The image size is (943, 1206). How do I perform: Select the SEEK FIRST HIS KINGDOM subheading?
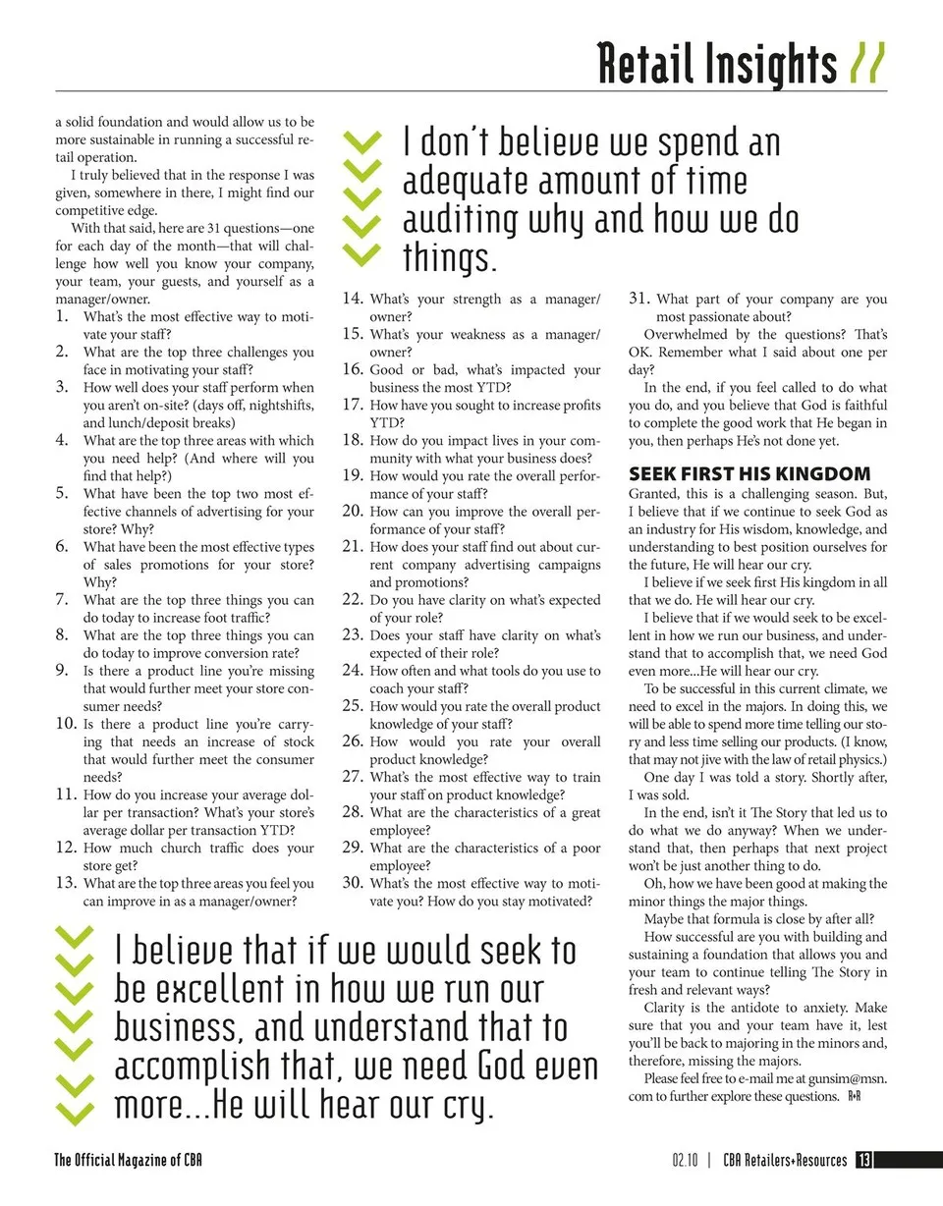[x=749, y=473]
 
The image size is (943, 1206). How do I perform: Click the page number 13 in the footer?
[x=863, y=1160]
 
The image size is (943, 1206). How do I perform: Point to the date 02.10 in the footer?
[x=686, y=1160]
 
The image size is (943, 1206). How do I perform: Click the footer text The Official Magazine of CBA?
[x=128, y=1160]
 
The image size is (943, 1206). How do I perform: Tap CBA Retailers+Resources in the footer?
[x=785, y=1160]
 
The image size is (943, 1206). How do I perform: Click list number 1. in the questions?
[x=62, y=316]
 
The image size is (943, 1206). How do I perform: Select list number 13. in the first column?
[x=66, y=883]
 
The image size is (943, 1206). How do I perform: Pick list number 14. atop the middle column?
[x=354, y=299]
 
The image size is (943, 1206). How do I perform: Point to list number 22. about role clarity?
[x=354, y=599]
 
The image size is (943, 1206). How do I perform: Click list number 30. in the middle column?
[x=354, y=883]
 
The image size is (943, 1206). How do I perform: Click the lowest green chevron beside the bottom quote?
[x=75, y=1111]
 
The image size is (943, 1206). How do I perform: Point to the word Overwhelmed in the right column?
[x=687, y=334]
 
